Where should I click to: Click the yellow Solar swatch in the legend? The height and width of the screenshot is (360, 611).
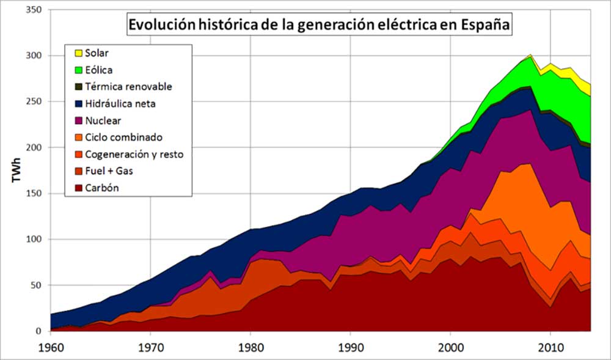78,53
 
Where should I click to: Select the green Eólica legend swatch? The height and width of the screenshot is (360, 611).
78,70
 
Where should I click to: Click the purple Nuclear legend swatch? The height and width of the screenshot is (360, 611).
78,120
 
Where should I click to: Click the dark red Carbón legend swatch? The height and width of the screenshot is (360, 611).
78,188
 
